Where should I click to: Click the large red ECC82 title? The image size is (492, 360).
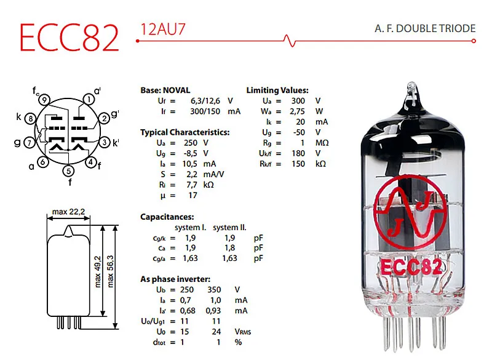tap(68, 38)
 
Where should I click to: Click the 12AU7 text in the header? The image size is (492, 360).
tap(163, 29)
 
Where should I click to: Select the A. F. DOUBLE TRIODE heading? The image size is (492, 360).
tap(425, 29)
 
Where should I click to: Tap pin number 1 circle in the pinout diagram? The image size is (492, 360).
tap(89, 99)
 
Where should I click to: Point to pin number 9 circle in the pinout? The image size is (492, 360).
tap(44, 100)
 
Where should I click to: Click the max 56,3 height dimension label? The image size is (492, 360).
tap(110, 271)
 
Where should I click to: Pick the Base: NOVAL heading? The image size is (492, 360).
tap(165, 90)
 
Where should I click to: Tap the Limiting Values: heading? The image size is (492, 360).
tap(277, 90)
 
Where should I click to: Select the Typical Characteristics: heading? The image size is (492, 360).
tap(185, 132)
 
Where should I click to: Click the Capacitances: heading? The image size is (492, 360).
tap(167, 217)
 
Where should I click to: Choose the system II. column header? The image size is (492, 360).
tap(229, 227)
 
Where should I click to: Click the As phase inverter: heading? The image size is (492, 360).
tap(175, 279)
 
